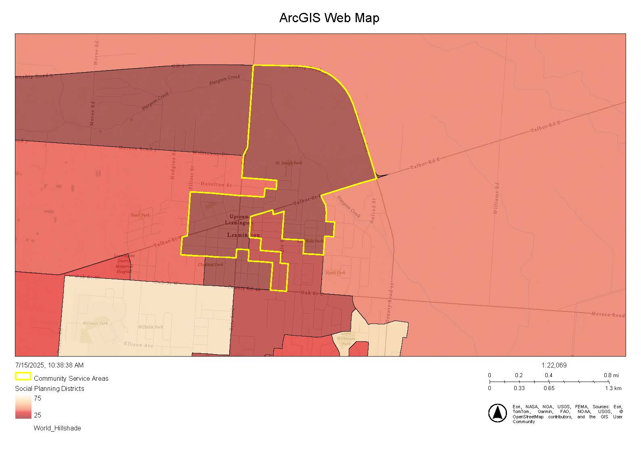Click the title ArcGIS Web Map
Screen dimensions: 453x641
329,18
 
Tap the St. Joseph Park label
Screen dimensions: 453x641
289,163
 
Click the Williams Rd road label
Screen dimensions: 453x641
496,198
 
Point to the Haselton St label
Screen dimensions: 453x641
216,185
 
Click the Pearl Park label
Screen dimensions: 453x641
140,215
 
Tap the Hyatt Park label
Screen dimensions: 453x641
335,273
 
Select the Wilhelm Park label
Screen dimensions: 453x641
150,327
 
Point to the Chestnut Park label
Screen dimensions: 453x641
210,265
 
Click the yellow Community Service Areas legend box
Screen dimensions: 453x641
23,377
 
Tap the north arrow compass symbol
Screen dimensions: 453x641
497,413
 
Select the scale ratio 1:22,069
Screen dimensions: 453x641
554,365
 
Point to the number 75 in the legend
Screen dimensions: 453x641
37,399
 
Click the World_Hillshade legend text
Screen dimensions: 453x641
57,428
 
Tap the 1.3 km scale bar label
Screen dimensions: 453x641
613,388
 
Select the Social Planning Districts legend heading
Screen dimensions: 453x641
50,389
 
